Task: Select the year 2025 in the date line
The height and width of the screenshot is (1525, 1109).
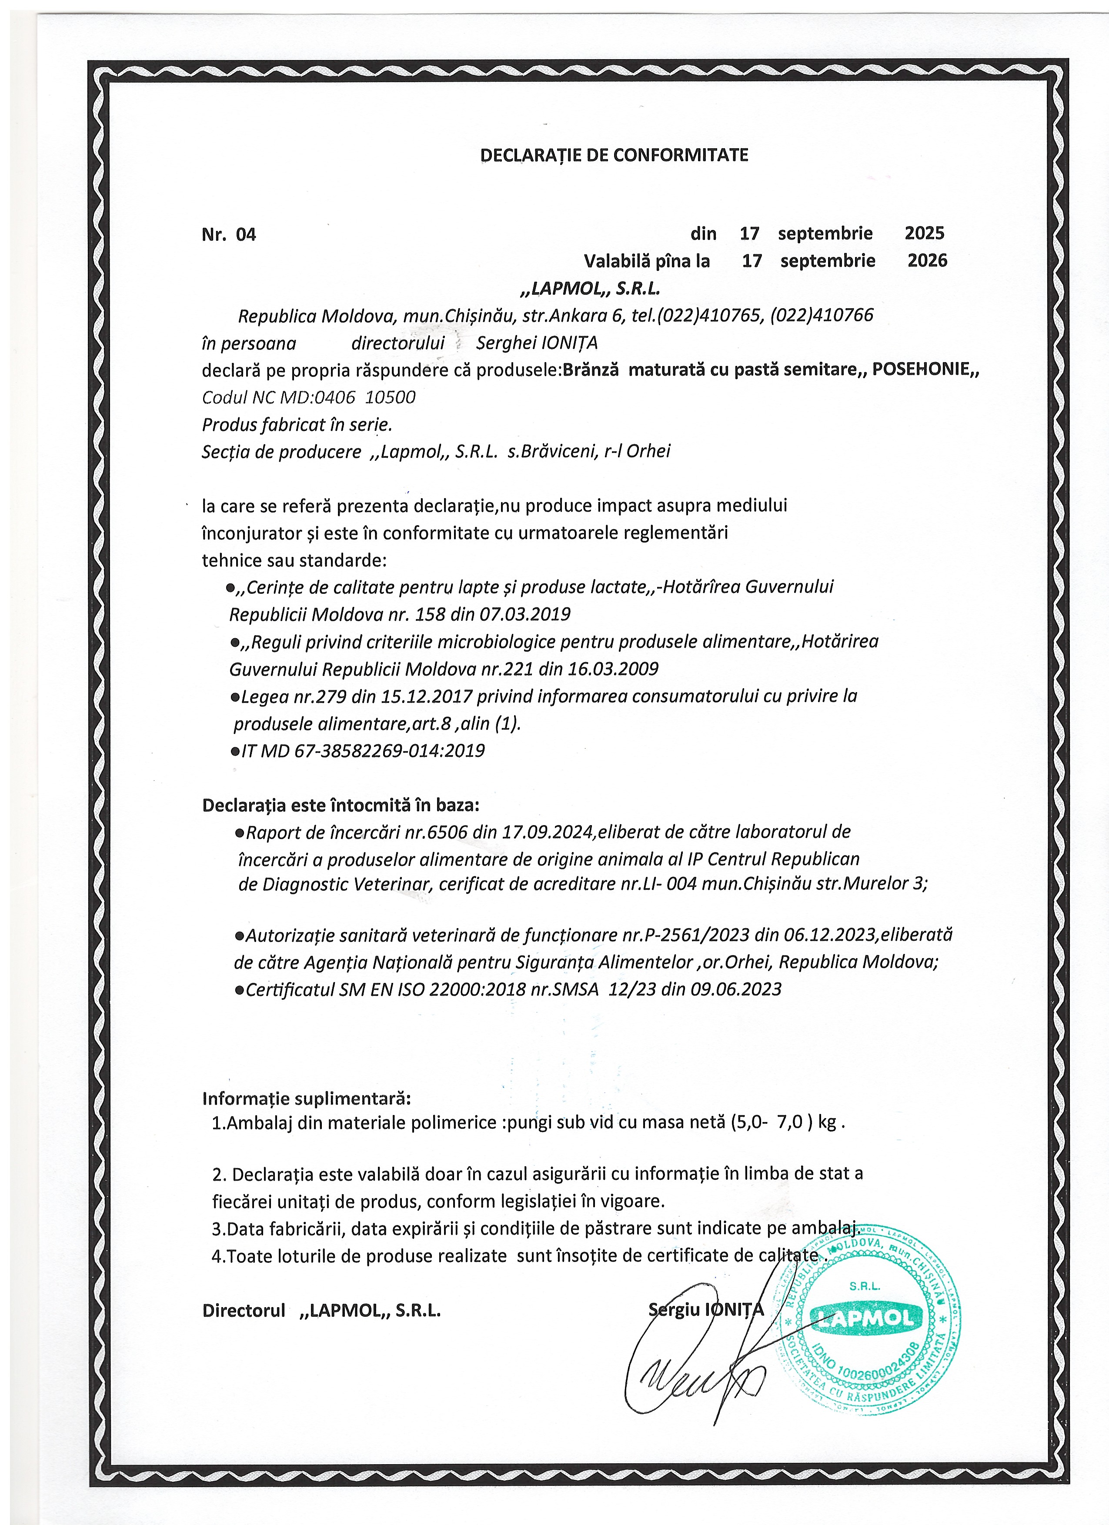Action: pyautogui.click(x=924, y=233)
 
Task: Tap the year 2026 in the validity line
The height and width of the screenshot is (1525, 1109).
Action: pyautogui.click(x=927, y=260)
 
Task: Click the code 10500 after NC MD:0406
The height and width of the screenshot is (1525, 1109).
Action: pyautogui.click(x=390, y=397)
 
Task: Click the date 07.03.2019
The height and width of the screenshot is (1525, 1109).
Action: pyautogui.click(x=524, y=614)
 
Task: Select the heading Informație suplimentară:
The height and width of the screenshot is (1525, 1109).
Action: pyautogui.click(x=306, y=1099)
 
